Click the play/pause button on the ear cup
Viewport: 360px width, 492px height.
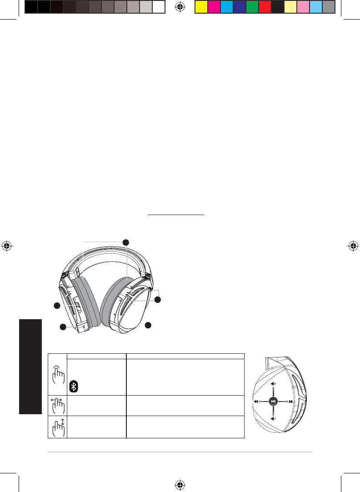[273, 402]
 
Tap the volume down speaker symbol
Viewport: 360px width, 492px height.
[273, 419]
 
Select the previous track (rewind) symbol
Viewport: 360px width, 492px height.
[257, 402]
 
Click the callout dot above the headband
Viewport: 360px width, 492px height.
[127, 241]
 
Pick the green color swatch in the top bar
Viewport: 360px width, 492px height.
[252, 7]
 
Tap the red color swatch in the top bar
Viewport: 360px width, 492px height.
[265, 7]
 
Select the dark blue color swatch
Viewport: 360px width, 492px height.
[240, 7]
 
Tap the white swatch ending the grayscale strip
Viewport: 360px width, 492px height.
[158, 7]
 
